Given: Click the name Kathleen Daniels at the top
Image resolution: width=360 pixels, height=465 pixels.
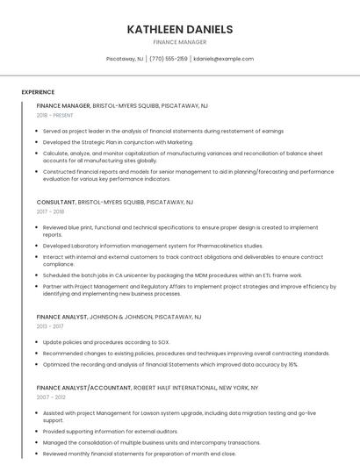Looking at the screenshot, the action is (x=180, y=29).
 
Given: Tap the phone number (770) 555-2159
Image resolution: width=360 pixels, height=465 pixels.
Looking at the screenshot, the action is (x=169, y=59).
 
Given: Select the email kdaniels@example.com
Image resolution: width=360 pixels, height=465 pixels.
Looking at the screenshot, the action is (x=224, y=59).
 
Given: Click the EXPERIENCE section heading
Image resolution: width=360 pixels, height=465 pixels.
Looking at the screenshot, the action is (x=38, y=92).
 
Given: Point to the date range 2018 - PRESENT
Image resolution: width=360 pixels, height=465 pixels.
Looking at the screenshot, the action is (x=56, y=115).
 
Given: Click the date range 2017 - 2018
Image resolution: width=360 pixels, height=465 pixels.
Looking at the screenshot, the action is (x=51, y=211).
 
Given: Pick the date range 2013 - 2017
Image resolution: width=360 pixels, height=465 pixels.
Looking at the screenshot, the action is (x=51, y=325).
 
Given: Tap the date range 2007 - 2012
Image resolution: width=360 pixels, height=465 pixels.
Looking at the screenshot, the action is (x=51, y=397).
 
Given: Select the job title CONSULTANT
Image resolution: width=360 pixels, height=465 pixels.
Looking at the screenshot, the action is (x=56, y=202).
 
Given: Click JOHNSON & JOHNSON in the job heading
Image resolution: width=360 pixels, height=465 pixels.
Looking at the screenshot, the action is (x=117, y=316).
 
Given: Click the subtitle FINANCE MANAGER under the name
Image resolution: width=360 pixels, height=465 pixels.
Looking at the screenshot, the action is (x=180, y=41).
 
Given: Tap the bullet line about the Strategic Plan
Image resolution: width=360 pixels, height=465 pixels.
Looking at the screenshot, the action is (x=118, y=141).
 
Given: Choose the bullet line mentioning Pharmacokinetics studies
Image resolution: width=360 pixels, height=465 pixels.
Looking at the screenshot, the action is (x=153, y=246).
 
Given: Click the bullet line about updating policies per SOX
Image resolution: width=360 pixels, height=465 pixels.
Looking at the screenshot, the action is (x=106, y=341).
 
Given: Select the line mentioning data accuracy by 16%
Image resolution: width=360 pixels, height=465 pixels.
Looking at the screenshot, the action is (x=170, y=364).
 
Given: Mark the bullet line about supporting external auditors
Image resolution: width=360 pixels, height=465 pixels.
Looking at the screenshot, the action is (x=110, y=431).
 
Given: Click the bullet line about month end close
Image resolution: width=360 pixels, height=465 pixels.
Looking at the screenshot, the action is (x=139, y=454).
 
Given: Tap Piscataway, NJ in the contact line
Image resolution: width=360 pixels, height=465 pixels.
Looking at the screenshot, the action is (x=125, y=59).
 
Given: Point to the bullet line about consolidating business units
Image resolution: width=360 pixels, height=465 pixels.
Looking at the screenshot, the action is (x=151, y=442).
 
